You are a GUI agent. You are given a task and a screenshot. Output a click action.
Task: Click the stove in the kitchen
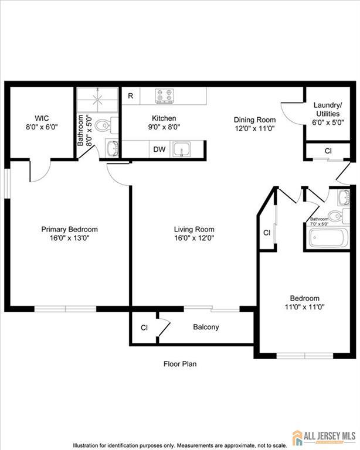(165, 96)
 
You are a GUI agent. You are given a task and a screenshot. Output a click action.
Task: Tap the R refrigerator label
(131, 96)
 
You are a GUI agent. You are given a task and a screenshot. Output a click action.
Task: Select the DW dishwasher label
(159, 149)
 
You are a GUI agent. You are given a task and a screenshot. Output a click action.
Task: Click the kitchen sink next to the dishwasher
(181, 149)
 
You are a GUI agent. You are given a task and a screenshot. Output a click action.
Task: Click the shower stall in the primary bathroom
(97, 100)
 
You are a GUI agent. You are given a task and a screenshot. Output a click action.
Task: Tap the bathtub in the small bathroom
(328, 238)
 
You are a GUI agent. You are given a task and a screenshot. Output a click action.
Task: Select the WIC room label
(42, 118)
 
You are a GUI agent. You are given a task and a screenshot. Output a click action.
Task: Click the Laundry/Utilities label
(328, 110)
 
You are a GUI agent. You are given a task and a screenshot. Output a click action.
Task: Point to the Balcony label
(206, 327)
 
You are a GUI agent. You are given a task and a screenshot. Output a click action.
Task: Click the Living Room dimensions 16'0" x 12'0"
(194, 238)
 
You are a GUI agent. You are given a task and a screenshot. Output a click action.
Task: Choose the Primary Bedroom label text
(69, 229)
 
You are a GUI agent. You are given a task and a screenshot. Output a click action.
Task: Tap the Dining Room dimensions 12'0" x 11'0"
(255, 128)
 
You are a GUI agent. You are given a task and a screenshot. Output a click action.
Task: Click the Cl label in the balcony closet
(144, 328)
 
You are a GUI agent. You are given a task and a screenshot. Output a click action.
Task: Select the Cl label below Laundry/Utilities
(328, 151)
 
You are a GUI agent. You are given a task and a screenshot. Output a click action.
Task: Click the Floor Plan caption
(180, 364)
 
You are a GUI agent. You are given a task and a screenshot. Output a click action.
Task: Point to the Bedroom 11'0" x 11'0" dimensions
(305, 307)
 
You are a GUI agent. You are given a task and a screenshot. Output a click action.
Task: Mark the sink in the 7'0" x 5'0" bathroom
(344, 197)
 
